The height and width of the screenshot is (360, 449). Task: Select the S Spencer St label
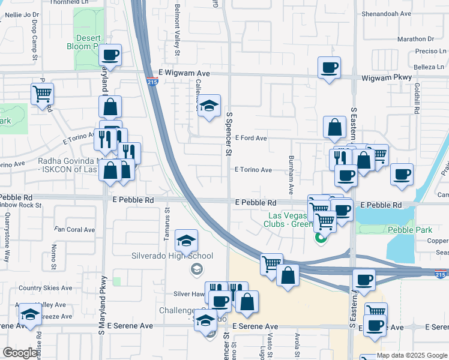point(229,133)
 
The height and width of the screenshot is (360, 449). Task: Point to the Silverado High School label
point(172,256)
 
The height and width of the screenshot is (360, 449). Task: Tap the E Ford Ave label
point(251,138)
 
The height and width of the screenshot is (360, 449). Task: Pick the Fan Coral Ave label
point(75,229)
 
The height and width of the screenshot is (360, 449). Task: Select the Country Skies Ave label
point(45,289)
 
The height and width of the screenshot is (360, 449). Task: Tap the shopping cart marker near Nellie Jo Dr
point(43,93)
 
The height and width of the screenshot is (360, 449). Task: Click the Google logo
point(19,353)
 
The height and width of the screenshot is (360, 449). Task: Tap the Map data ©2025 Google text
point(412,355)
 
